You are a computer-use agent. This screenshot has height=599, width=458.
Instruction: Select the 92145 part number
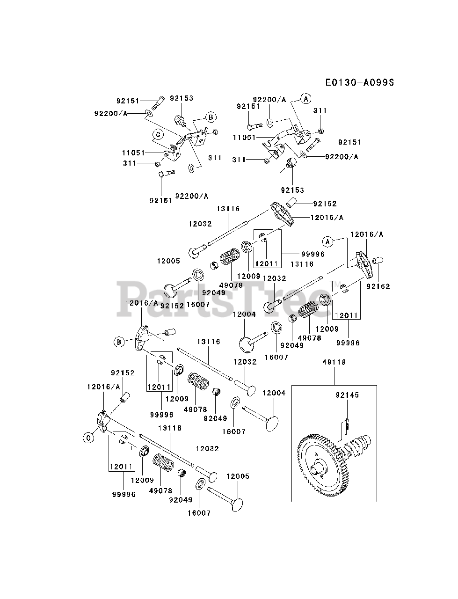pyautogui.click(x=347, y=395)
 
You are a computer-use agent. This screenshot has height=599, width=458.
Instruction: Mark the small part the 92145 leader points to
pyautogui.click(x=347, y=426)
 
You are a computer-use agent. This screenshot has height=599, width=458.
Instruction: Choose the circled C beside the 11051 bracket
pyautogui.click(x=158, y=134)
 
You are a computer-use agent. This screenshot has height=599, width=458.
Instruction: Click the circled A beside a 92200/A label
pyautogui.click(x=305, y=99)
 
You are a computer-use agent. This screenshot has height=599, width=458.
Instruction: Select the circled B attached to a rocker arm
pyautogui.click(x=119, y=342)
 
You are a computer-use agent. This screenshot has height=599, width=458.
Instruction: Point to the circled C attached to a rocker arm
pyautogui.click(x=87, y=438)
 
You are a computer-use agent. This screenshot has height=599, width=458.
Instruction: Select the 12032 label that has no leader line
pyautogui.click(x=207, y=448)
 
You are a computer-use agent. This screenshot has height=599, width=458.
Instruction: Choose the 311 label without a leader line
pyautogui.click(x=215, y=158)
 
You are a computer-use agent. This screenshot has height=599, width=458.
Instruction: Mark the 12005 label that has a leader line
pyautogui.click(x=238, y=476)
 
